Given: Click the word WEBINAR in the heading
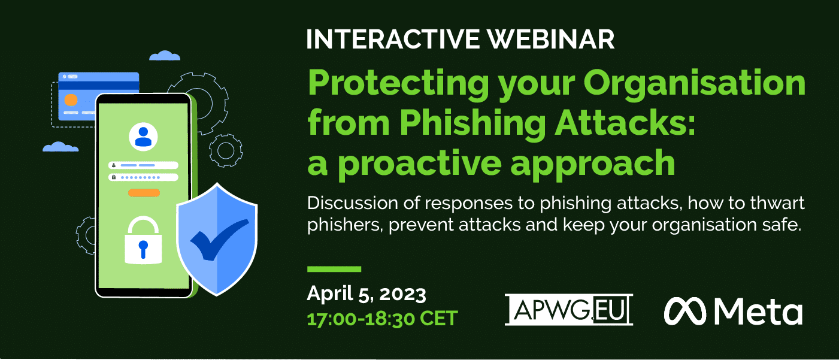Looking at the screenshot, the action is point(550,39).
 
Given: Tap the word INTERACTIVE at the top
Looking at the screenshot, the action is point(393,39).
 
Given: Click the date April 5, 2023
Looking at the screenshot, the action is point(367,294).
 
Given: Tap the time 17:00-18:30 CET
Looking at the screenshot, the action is point(382,319).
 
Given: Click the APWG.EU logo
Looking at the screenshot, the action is point(568,310).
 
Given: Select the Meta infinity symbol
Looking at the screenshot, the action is point(685,311).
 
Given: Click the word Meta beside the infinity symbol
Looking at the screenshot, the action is point(759,311).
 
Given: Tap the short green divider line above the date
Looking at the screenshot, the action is point(334,269).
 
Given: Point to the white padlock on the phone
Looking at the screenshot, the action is point(143,240).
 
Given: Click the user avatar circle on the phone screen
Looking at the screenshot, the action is point(143,137).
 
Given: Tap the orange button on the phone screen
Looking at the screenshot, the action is point(144,193).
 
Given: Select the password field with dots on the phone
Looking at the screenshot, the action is point(143,177).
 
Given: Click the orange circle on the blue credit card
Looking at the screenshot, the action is point(71,101).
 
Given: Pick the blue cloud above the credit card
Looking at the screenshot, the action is point(165,56).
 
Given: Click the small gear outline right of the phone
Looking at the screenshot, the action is point(226,150).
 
